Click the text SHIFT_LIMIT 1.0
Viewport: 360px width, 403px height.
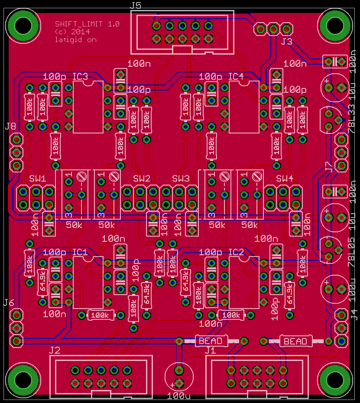pos(87,24)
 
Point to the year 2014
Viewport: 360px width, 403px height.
pos(81,32)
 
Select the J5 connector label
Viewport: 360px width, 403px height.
pos(136,6)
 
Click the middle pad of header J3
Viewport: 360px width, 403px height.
pos(273,29)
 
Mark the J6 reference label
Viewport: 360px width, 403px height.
pos(9,302)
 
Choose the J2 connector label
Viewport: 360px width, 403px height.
pos(55,350)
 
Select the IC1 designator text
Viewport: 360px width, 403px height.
pos(80,252)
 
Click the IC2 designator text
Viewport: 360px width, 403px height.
pos(236,252)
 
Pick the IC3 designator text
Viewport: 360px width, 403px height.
pos(80,77)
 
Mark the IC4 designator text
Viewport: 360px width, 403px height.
pos(236,77)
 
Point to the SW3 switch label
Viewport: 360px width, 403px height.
pos(181,179)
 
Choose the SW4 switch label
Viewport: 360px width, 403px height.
pos(285,179)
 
